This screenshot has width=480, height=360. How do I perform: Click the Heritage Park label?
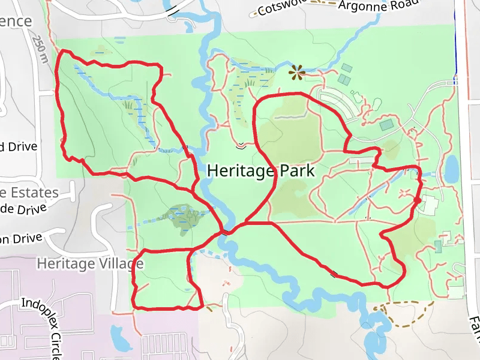click(x=260, y=171)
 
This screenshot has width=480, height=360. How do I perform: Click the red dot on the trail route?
click(x=416, y=200)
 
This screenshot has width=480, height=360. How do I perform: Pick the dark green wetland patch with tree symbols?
click(x=183, y=217)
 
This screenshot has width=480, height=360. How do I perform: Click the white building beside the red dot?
click(x=430, y=204)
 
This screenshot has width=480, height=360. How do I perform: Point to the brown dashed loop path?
click(x=408, y=315)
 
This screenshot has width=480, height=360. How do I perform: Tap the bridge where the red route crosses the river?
click(x=226, y=232)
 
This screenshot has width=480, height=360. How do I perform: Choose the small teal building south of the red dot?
click(x=438, y=247)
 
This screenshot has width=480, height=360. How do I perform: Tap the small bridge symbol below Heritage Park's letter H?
click(x=241, y=145)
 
